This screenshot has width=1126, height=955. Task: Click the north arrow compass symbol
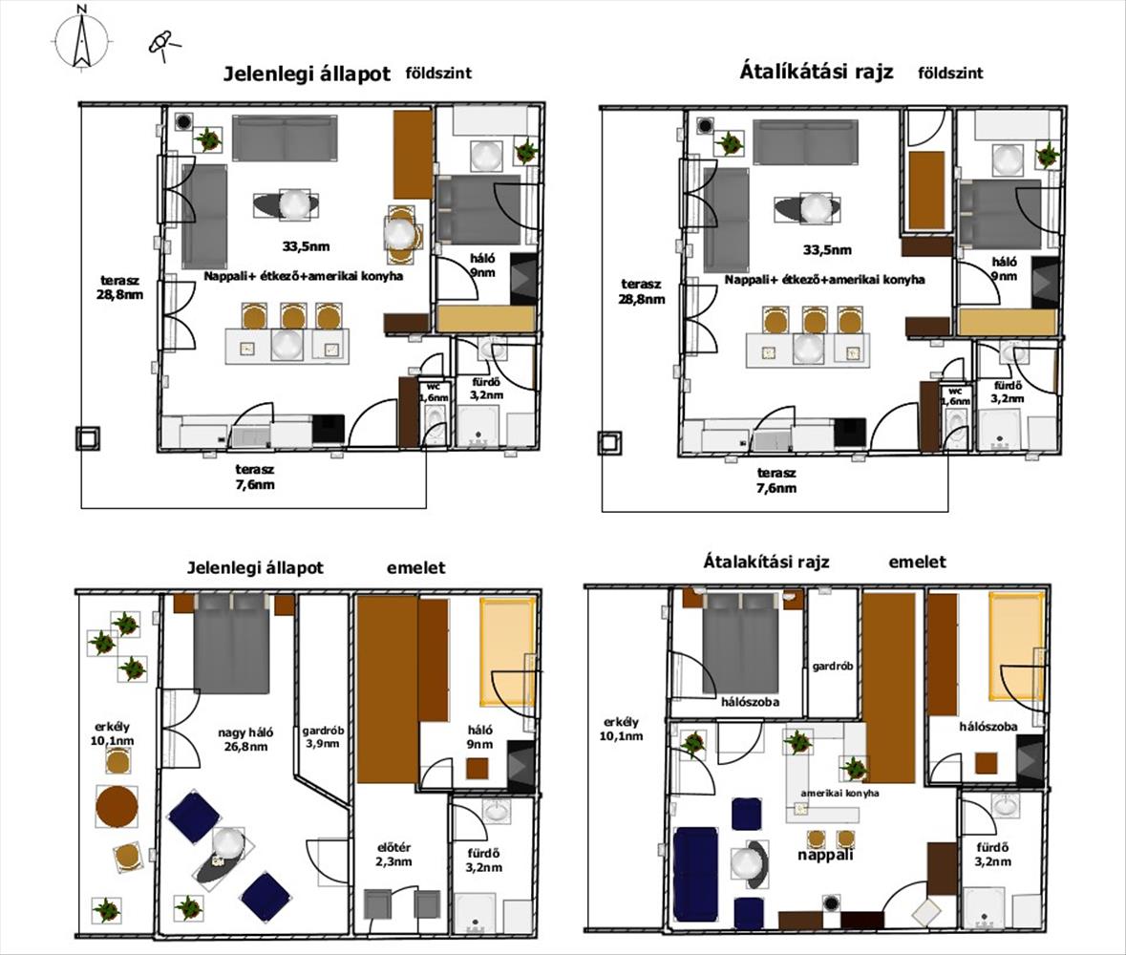(82, 39)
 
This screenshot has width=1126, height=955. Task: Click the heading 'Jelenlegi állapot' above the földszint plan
(308, 74)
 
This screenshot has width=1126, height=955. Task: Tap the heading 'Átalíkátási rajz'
(817, 72)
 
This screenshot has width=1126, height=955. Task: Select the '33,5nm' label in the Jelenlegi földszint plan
(306, 246)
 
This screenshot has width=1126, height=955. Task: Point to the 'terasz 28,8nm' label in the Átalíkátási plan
(642, 291)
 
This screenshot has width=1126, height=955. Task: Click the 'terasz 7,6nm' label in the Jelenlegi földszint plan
(255, 477)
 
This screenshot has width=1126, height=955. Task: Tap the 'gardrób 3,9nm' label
(323, 736)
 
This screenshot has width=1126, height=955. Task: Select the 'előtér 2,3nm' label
(393, 855)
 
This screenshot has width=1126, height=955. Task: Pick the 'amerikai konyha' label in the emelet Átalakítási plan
(839, 794)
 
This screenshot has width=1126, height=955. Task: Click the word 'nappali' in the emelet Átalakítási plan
(825, 855)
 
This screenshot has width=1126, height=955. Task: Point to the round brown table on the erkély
(117, 806)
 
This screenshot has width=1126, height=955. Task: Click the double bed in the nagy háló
(231, 643)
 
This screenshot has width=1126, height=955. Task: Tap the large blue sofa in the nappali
(696, 874)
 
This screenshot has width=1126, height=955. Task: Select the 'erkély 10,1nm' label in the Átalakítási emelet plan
(622, 729)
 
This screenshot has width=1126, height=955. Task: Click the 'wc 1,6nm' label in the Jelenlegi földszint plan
(434, 392)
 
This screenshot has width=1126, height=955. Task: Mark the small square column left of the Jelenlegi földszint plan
(88, 438)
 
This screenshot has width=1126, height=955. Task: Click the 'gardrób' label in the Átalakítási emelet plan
(833, 666)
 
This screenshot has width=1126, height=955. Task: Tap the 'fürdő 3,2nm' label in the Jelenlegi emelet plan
(484, 860)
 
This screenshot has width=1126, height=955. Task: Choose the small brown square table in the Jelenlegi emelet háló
(478, 769)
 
